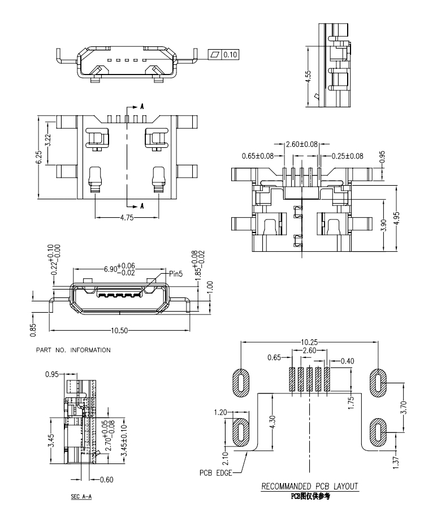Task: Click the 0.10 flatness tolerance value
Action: point(230,54)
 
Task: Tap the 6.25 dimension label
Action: point(38,158)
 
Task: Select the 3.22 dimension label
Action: point(48,140)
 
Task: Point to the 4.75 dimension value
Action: point(127,218)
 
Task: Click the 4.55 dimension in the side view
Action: point(309,76)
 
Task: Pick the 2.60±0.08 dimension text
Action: point(301,144)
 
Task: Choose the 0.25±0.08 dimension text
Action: point(348,156)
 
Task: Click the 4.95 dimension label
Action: point(397,218)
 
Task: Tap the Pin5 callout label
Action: point(176,274)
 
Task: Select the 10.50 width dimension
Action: point(119,331)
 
